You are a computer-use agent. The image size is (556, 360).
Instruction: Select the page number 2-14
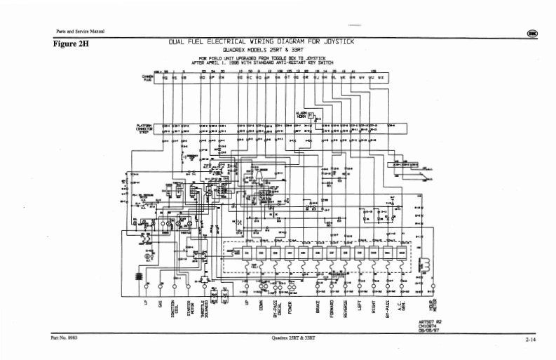coord(529,340)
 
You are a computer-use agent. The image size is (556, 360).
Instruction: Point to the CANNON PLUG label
coord(147,79)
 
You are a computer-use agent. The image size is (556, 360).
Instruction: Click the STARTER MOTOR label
coord(189,308)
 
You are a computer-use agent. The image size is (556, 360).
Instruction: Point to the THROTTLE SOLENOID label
coord(205,309)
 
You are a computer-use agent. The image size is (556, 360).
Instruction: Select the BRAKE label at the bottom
coord(318,305)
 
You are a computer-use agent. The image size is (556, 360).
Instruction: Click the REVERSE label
coord(346,307)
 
